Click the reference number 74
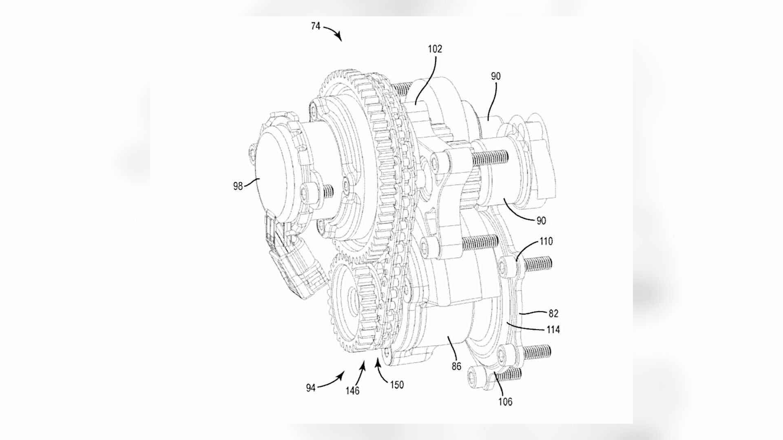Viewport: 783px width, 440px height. [x=316, y=26]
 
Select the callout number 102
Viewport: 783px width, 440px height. [x=435, y=49]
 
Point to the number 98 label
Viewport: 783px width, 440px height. [x=238, y=186]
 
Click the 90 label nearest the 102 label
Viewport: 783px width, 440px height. [x=496, y=76]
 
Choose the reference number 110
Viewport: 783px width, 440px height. [x=546, y=241]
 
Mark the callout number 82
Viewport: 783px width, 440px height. [x=553, y=314]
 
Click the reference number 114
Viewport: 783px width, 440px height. [x=553, y=329]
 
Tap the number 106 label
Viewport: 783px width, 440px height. [x=505, y=402]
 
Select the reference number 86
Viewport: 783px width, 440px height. [x=456, y=366]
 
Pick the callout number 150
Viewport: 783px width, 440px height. [x=396, y=385]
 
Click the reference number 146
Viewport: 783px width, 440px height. [x=352, y=391]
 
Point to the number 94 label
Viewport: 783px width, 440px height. [x=311, y=388]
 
